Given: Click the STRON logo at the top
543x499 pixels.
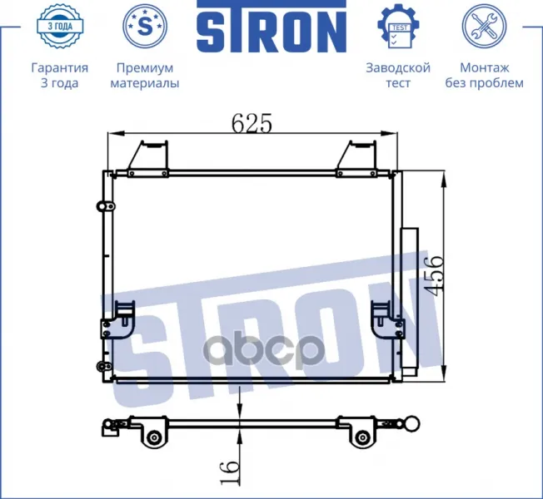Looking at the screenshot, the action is coord(271,26).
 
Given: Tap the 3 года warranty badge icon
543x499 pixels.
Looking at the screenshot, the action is coord(60,26).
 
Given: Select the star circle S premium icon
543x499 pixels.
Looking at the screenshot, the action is coord(145,26).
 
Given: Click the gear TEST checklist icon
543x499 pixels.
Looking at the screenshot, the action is coord(399,26).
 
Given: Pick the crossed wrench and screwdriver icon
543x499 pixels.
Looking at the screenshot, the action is coord(484,26).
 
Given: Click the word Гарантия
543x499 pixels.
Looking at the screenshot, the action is coord(60,67).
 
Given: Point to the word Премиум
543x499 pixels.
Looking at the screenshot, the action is coord(145,67).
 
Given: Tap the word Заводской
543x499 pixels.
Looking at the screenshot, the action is coord(398,67).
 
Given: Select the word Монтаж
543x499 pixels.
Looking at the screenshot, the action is coord(485,67).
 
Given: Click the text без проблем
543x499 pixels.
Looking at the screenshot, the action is coord(485,83).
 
